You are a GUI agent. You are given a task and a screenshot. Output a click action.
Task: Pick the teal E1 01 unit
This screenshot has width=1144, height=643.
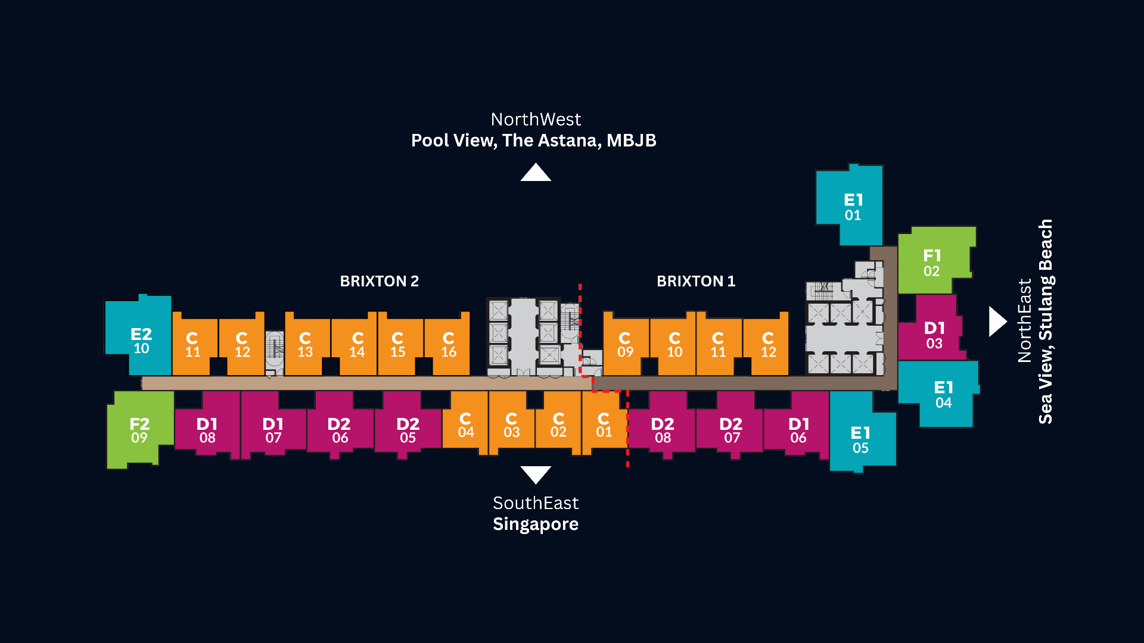tap(851, 205)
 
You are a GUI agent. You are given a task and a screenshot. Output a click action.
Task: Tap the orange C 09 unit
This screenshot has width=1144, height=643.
tap(626, 344)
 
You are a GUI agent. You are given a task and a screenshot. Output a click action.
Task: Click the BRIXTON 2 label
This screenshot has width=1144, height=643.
tap(380, 281)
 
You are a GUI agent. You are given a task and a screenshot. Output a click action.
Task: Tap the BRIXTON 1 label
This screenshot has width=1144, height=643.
tap(696, 281)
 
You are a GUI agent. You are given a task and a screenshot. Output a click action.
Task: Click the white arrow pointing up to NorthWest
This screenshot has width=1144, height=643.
tap(536, 173)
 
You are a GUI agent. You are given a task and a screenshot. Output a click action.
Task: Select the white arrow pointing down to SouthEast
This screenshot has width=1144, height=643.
tap(536, 474)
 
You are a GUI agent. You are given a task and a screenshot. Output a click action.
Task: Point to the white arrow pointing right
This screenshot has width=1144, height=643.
tap(997, 321)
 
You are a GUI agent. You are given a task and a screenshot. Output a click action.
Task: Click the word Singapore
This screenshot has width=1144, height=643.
tap(536, 525)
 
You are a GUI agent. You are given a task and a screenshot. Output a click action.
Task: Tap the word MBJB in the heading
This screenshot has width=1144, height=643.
tap(632, 141)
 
